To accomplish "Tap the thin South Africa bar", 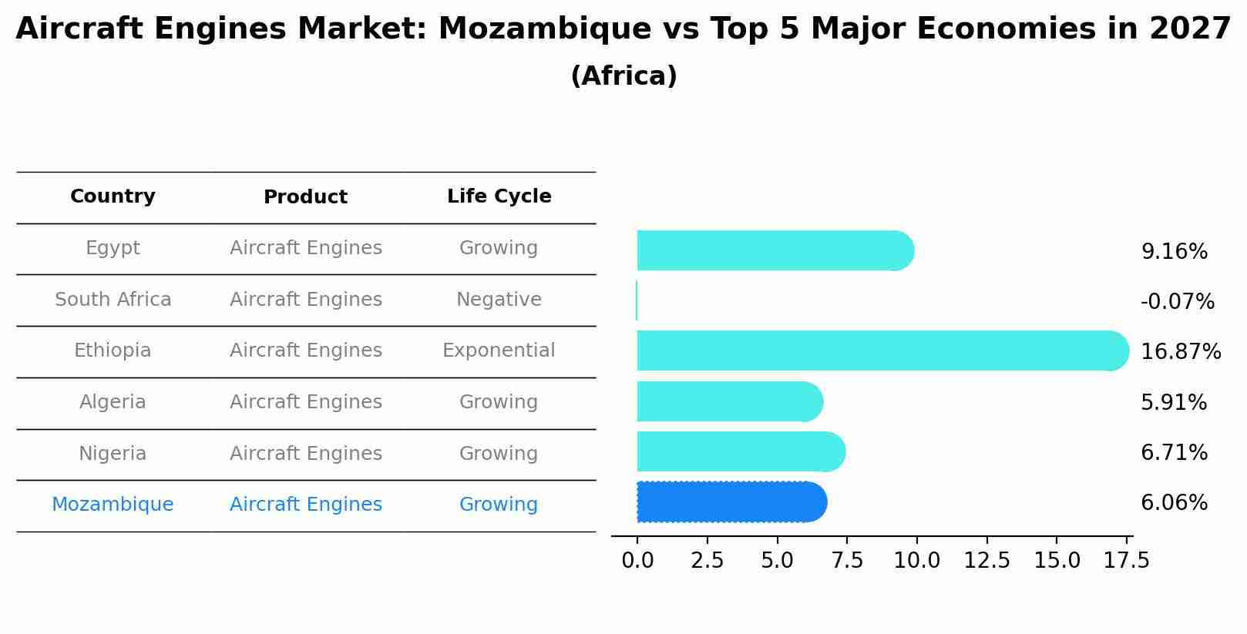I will pyautogui.click(x=637, y=300).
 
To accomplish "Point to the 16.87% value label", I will pyautogui.click(x=1180, y=352).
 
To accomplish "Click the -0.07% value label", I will pyautogui.click(x=1177, y=302).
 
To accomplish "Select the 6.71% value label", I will pyautogui.click(x=1174, y=453).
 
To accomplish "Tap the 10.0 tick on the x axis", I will pyautogui.click(x=916, y=561).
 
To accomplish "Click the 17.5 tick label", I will pyautogui.click(x=1126, y=561).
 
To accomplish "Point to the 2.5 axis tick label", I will pyautogui.click(x=707, y=561).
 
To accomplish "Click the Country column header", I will pyautogui.click(x=113, y=196).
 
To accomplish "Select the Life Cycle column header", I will pyautogui.click(x=499, y=196).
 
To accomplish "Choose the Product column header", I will pyautogui.click(x=305, y=197).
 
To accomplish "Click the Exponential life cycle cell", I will pyautogui.click(x=498, y=351).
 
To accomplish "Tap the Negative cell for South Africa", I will pyautogui.click(x=498, y=300).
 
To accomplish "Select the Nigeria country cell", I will pyautogui.click(x=113, y=454).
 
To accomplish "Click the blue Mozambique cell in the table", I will pyautogui.click(x=113, y=505).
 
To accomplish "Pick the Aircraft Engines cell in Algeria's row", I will pyautogui.click(x=305, y=402).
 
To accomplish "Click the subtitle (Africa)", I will pyautogui.click(x=623, y=76).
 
